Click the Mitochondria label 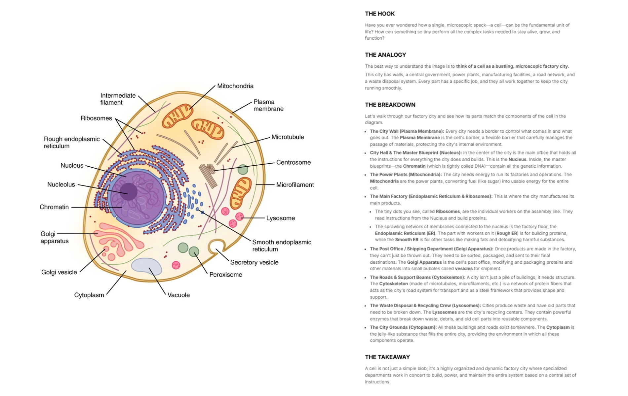point(235,86)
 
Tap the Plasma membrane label point(268,105)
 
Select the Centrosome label point(293,162)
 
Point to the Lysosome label point(280,218)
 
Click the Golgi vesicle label point(59,272)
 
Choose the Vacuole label point(178,295)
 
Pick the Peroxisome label point(225,275)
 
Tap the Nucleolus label point(61,184)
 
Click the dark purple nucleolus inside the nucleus point(128,191)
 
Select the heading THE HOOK point(379,14)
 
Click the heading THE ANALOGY point(385,55)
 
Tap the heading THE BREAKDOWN point(390,105)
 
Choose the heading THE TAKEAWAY point(387,357)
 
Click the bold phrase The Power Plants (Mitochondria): point(406,175)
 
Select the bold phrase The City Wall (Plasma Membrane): point(407,131)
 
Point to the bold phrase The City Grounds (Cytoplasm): point(403,327)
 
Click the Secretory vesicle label point(254,262)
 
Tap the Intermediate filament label point(118,99)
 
